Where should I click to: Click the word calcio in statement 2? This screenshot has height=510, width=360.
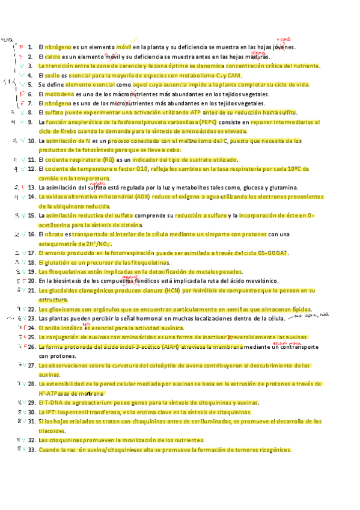pyautogui.click(x=51, y=56)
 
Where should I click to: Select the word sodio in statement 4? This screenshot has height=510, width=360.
pyautogui.click(x=51, y=75)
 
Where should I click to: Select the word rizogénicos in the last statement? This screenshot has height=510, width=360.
pyautogui.click(x=270, y=449)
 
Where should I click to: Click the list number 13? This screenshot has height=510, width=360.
pyautogui.click(x=32, y=187)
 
